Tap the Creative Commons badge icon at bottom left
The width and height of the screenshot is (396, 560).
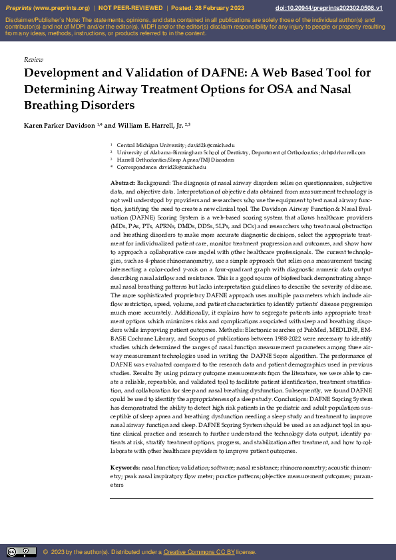click(x=21, y=552)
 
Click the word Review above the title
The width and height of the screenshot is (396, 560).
click(x=33, y=60)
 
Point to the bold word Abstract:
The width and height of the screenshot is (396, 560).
click(x=124, y=182)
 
